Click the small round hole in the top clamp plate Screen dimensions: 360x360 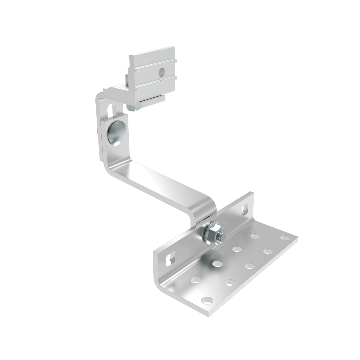pyautogui.click(x=162, y=71)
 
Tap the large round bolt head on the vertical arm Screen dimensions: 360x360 pyautogui.click(x=115, y=132)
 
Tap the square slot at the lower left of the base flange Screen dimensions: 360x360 pyautogui.click(x=168, y=258)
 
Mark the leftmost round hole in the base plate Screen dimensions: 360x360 pyautogui.click(x=195, y=280)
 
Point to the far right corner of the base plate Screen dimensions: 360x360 pyautogui.click(x=298, y=237)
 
